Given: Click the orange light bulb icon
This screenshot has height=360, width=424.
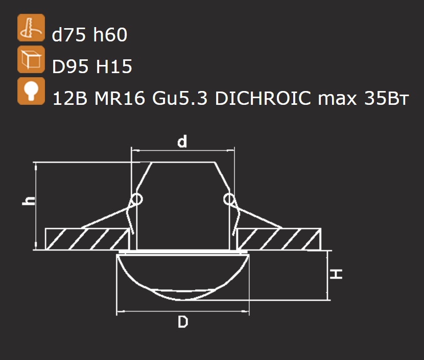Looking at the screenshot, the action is (x=31, y=91).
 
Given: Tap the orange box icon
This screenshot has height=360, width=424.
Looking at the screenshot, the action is (x=31, y=59).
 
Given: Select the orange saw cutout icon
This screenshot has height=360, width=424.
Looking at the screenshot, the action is (x=31, y=28).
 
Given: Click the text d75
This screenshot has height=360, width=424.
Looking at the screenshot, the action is (x=69, y=35).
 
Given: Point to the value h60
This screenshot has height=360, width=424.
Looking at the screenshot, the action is (x=110, y=35).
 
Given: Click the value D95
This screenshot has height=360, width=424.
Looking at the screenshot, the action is (x=70, y=66).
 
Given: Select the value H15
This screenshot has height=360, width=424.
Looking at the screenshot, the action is (x=114, y=66).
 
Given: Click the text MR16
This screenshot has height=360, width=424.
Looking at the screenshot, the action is (x=120, y=98).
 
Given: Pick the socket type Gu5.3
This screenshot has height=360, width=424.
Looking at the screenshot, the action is (x=180, y=98).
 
